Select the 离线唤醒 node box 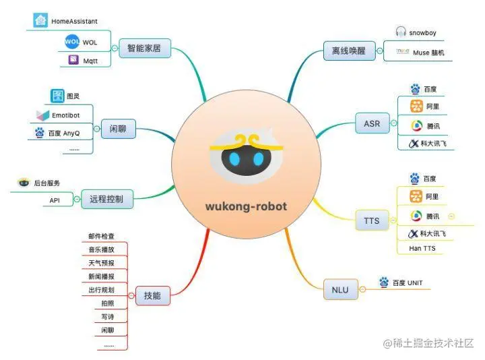pyautogui.click(x=348, y=51)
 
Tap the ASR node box pyautogui.click(x=371, y=123)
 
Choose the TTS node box pyautogui.click(x=371, y=220)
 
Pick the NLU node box pyautogui.click(x=340, y=289)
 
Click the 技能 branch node pyautogui.click(x=152, y=295)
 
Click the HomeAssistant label pyautogui.click(x=75, y=22)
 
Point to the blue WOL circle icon pyautogui.click(x=72, y=42)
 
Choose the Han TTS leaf pyautogui.click(x=422, y=249)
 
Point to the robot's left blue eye pyautogui.click(x=233, y=159)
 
